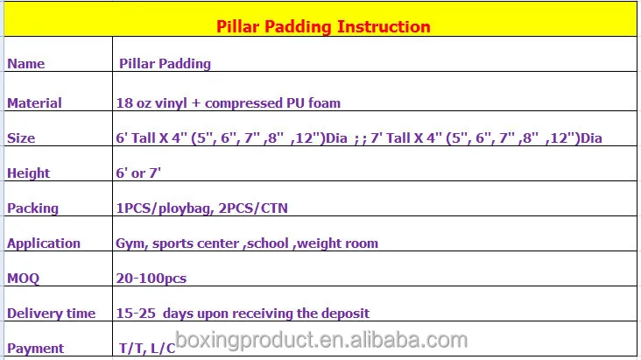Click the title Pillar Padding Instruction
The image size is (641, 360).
click(323, 26)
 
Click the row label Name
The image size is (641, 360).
click(25, 64)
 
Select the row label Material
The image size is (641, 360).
click(34, 102)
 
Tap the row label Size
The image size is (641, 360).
click(21, 138)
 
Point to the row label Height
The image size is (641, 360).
click(28, 173)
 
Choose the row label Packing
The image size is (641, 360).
click(32, 208)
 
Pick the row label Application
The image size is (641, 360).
click(43, 243)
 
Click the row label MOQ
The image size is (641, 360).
click(23, 278)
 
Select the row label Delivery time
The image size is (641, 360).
click(51, 313)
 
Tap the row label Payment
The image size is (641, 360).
click(35, 348)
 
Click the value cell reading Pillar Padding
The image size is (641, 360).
click(165, 64)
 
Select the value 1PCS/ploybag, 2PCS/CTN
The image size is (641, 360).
click(201, 208)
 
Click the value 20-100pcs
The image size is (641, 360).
click(151, 278)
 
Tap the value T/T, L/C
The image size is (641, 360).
click(146, 348)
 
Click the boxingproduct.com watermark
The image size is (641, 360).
click(320, 341)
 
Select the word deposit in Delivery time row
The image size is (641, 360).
click(345, 313)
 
